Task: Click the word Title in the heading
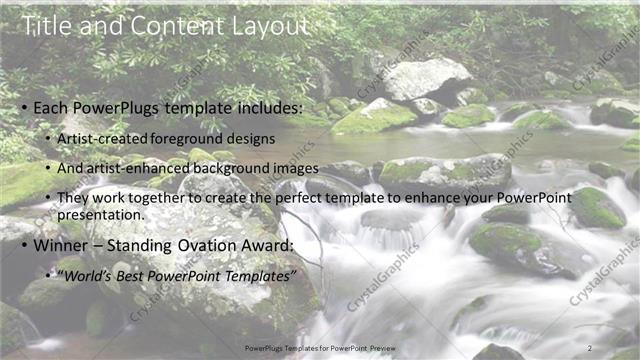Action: click(46, 27)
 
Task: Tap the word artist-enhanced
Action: click(136, 169)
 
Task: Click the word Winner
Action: click(62, 244)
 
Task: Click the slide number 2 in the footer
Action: click(590, 347)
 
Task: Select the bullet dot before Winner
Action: click(23, 245)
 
